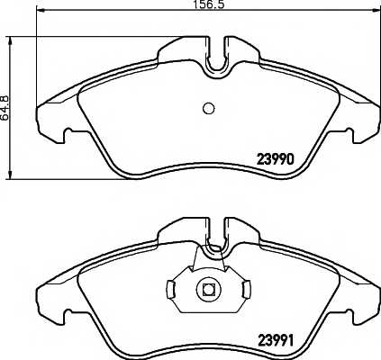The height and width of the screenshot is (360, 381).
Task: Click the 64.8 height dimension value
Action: click(x=5, y=108)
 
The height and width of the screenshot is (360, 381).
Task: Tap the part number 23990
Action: click(x=275, y=159)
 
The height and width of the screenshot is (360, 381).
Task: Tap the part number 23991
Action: click(x=275, y=340)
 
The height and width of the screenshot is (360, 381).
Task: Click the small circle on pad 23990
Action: click(x=208, y=108)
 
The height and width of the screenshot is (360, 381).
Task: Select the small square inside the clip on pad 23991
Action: click(x=208, y=289)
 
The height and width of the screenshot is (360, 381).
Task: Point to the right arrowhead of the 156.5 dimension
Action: click(x=376, y=11)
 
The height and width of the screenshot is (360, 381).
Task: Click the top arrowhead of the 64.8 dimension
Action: click(x=11, y=41)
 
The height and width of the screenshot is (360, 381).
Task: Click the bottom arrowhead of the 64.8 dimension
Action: click(x=11, y=175)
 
